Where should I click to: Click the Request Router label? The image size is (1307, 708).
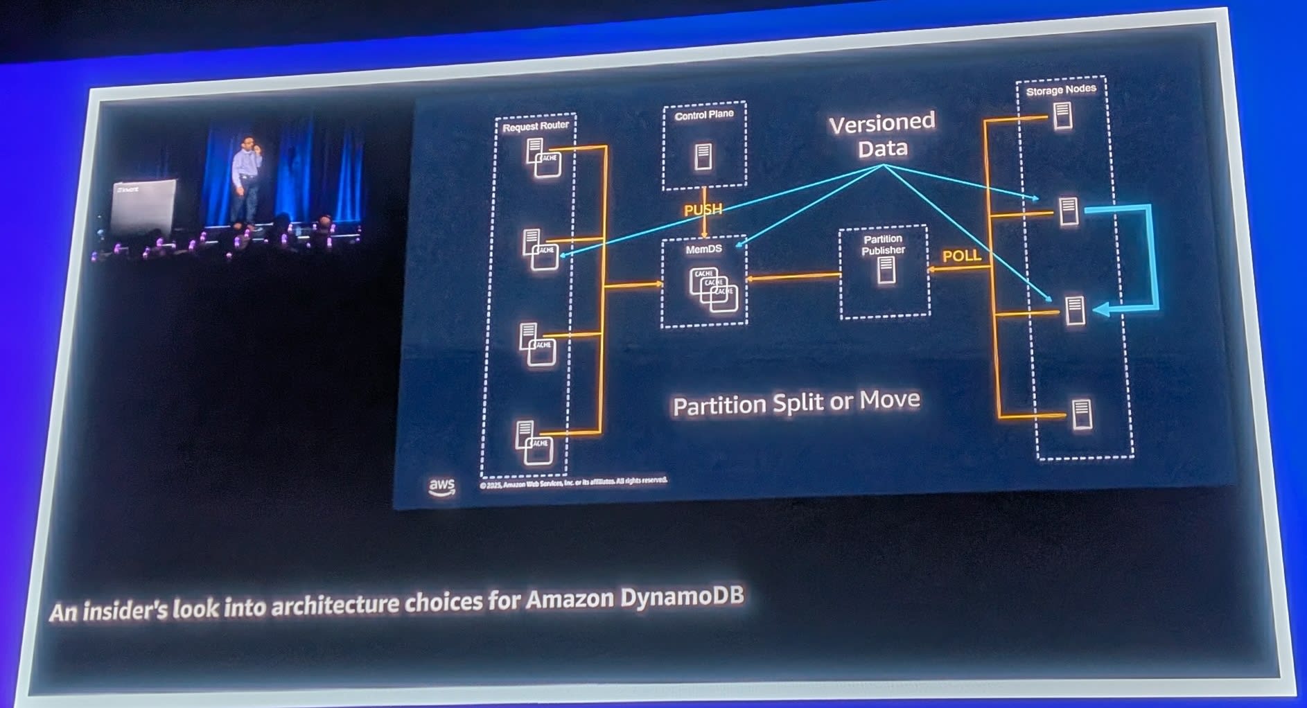click(535, 126)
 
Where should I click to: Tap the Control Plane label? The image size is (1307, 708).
click(703, 115)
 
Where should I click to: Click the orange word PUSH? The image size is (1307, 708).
click(702, 209)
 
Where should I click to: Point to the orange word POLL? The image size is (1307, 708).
click(961, 256)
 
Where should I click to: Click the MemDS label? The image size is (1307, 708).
click(703, 249)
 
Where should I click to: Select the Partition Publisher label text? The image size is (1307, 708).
click(883, 245)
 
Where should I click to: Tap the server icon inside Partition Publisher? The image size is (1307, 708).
click(885, 270)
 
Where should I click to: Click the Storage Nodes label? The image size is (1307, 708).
click(1060, 90)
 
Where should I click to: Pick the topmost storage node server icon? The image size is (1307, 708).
click(1062, 116)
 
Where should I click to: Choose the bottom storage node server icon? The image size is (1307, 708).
click(1081, 414)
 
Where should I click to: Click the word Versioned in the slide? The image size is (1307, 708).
click(881, 123)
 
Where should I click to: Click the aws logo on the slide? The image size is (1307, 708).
click(441, 486)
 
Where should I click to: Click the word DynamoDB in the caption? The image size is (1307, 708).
click(682, 596)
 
